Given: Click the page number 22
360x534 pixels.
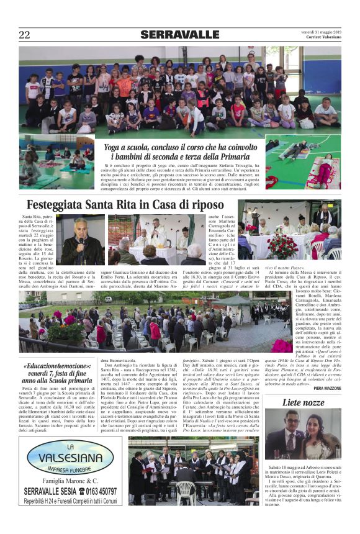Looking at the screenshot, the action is point(24,35).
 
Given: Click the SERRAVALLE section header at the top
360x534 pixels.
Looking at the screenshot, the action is point(179,35).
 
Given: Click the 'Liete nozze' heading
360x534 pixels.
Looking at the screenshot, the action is point(303,403).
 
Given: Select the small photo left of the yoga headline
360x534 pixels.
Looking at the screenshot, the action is point(56,163).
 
